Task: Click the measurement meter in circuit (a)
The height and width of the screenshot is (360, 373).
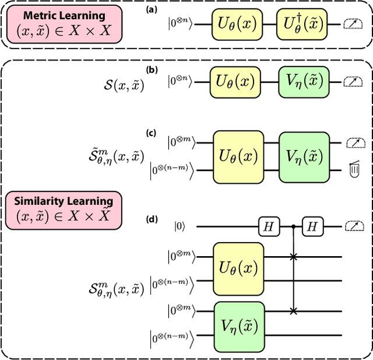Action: [x=351, y=24]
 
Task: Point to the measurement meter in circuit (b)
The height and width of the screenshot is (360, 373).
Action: [x=351, y=82]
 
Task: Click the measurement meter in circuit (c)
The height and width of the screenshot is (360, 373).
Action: [x=351, y=143]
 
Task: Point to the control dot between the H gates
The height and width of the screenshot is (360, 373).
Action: [x=291, y=226]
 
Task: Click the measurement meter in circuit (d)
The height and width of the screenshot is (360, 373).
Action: [x=351, y=226]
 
